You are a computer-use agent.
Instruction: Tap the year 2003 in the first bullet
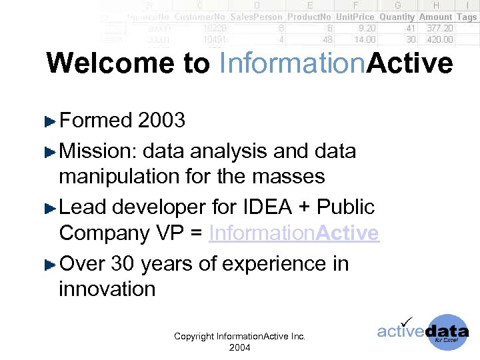[x=161, y=120]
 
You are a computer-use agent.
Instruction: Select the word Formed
[x=96, y=120]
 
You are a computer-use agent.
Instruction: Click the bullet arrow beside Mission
[x=49, y=152]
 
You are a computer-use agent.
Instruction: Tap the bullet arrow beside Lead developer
[x=49, y=208]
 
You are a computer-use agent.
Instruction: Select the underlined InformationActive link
[x=294, y=233]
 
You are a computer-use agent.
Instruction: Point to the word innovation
[x=107, y=289]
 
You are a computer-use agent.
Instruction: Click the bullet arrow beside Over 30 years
[x=49, y=265]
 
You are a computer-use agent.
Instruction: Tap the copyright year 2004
[x=239, y=347]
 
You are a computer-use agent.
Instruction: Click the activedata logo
[x=423, y=331]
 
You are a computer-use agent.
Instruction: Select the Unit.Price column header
[x=355, y=17]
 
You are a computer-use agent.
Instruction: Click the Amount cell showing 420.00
[x=439, y=39]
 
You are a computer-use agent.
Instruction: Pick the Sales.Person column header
[x=257, y=17]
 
